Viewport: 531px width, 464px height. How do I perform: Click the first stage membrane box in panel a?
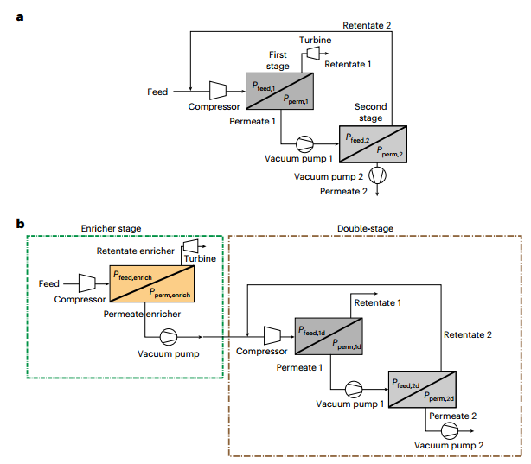(280, 90)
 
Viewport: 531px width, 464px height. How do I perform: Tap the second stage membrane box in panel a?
(374, 143)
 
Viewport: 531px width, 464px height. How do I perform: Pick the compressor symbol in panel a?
(218, 90)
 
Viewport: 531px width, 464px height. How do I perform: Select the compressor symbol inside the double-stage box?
(270, 334)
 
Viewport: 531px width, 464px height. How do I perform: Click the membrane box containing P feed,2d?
(422, 388)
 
